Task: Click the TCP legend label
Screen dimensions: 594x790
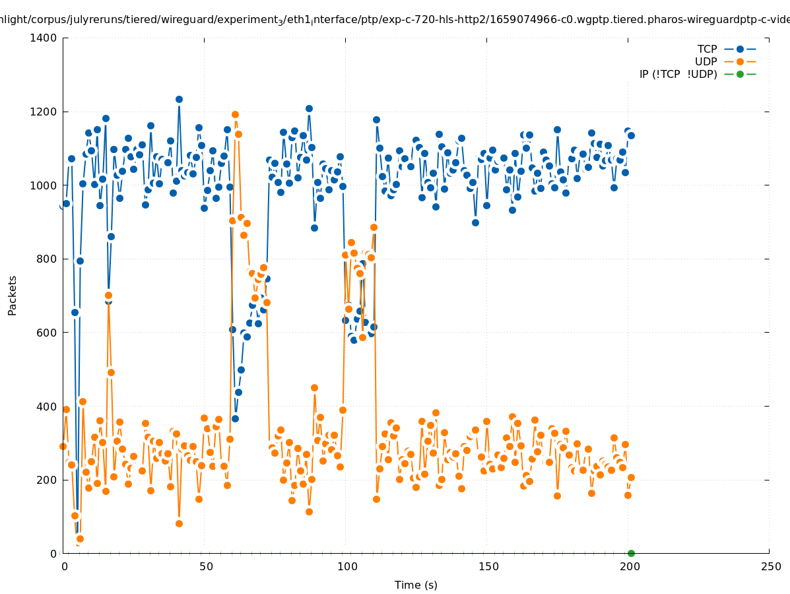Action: [707, 49]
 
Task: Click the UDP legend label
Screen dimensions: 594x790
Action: [706, 62]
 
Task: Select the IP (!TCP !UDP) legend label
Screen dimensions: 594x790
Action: [678, 75]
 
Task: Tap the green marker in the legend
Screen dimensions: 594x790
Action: [740, 74]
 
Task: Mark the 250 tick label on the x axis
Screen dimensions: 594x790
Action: [770, 566]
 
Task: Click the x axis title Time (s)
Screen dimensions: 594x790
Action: [416, 585]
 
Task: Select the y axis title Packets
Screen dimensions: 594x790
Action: [13, 295]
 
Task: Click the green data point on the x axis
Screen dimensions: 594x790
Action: [631, 553]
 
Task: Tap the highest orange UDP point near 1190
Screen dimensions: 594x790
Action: [235, 115]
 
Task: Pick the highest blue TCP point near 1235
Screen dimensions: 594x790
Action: [179, 99]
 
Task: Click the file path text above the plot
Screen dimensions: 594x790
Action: [395, 19]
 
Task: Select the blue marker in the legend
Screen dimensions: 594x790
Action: [740, 49]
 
